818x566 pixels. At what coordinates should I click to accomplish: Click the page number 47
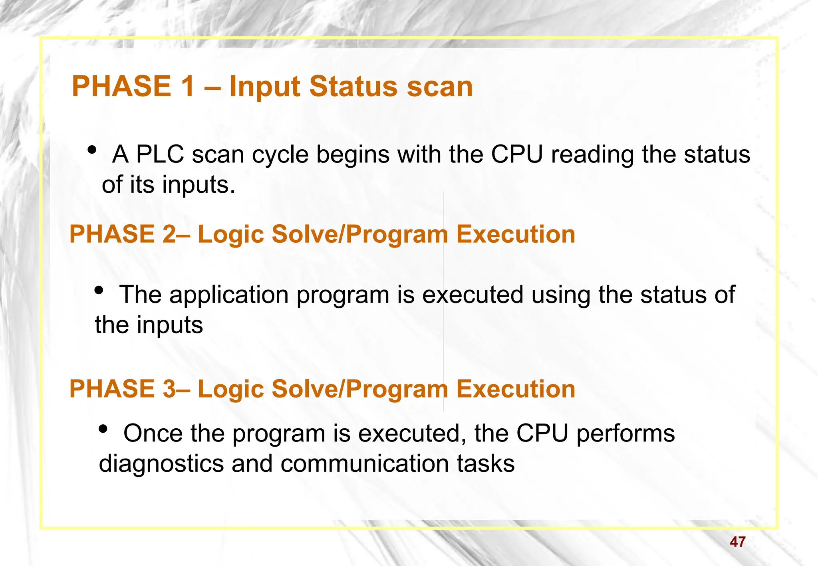coord(737,542)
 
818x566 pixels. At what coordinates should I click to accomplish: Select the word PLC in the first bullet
coord(160,154)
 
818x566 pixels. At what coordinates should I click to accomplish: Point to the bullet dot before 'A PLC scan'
coord(92,150)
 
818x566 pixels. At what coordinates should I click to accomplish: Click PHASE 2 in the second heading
coord(122,234)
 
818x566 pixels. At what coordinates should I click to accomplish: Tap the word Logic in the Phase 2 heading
coord(230,235)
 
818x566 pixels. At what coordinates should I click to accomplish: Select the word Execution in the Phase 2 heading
coord(515,234)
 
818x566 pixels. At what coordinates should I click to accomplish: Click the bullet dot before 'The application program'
coord(99,291)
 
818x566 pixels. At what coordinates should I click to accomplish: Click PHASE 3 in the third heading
coord(122,389)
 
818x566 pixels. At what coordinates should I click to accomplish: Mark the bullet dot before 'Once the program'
coord(103,429)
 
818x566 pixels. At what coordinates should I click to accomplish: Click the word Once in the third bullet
coord(153,433)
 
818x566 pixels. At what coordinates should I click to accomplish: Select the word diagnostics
coord(161,465)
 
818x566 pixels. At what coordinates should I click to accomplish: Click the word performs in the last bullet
coord(625,434)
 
